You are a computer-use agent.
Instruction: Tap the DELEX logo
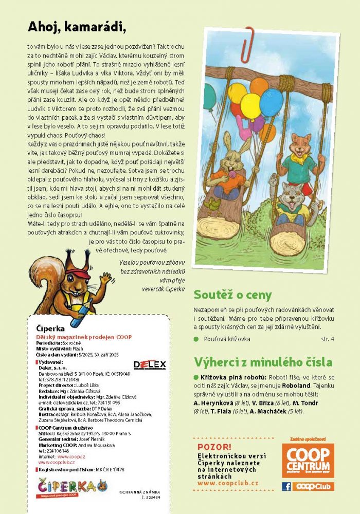pyautogui.click(x=150, y=364)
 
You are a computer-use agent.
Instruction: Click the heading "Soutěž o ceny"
pyautogui.click(x=232, y=295)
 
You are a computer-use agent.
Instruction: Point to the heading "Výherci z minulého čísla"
pyautogui.click(x=263, y=362)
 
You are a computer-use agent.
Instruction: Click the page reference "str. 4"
pyautogui.click(x=327, y=339)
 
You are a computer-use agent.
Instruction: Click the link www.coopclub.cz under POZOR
pyautogui.click(x=228, y=484)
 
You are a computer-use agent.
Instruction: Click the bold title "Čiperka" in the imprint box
pyautogui.click(x=50, y=328)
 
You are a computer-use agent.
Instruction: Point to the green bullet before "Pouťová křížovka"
pyautogui.click(x=196, y=339)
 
